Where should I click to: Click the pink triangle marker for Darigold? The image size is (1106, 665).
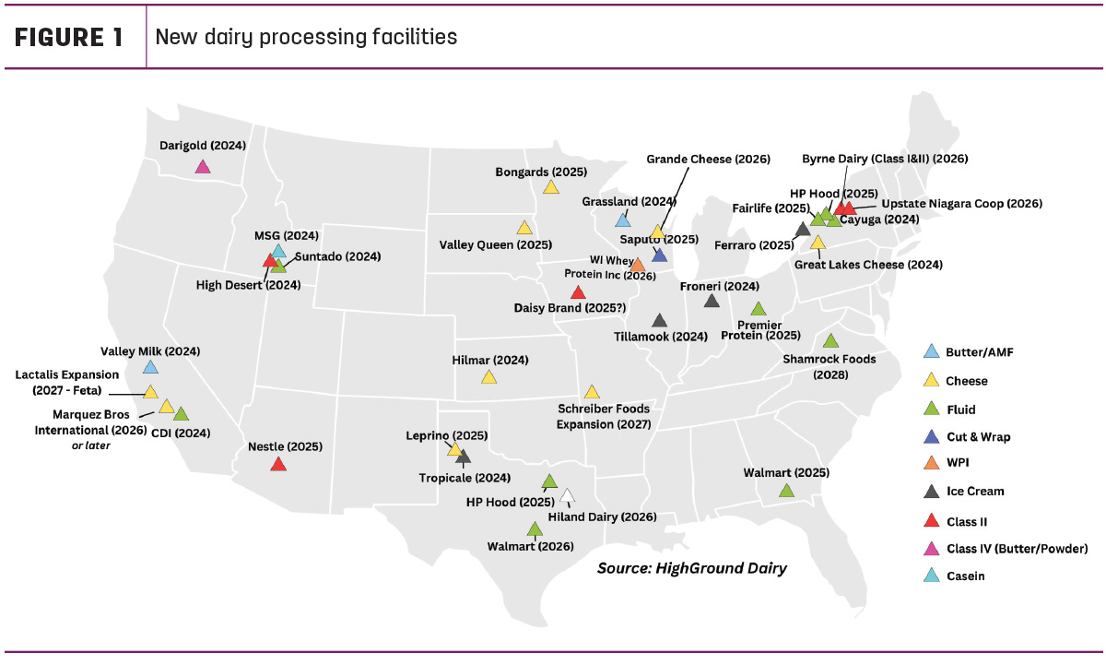203,167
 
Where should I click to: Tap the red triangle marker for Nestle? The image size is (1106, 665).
278,465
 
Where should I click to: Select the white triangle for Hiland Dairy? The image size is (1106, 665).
568,495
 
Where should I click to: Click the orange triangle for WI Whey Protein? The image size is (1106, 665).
638,265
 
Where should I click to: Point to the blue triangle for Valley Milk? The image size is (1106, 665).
150,367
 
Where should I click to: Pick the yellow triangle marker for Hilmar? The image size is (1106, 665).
488,377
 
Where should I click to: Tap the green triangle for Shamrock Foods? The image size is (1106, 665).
831,341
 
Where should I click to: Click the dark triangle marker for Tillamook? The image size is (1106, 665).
660,321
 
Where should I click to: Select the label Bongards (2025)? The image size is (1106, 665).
541,172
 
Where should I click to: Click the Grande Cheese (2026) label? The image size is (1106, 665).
708,159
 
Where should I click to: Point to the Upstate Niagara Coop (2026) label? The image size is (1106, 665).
962,204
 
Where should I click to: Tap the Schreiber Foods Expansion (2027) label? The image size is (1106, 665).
604,417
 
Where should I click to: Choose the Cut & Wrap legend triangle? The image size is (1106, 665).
932,437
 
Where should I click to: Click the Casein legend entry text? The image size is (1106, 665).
965,576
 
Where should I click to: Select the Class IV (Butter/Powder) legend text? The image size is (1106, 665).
1018,549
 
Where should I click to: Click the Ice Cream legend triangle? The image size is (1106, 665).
932,492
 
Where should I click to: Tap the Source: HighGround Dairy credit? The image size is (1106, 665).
692,568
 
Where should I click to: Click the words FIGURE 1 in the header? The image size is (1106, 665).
68,38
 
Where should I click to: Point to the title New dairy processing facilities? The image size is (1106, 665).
306,37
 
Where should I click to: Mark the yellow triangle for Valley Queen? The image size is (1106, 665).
524,228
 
